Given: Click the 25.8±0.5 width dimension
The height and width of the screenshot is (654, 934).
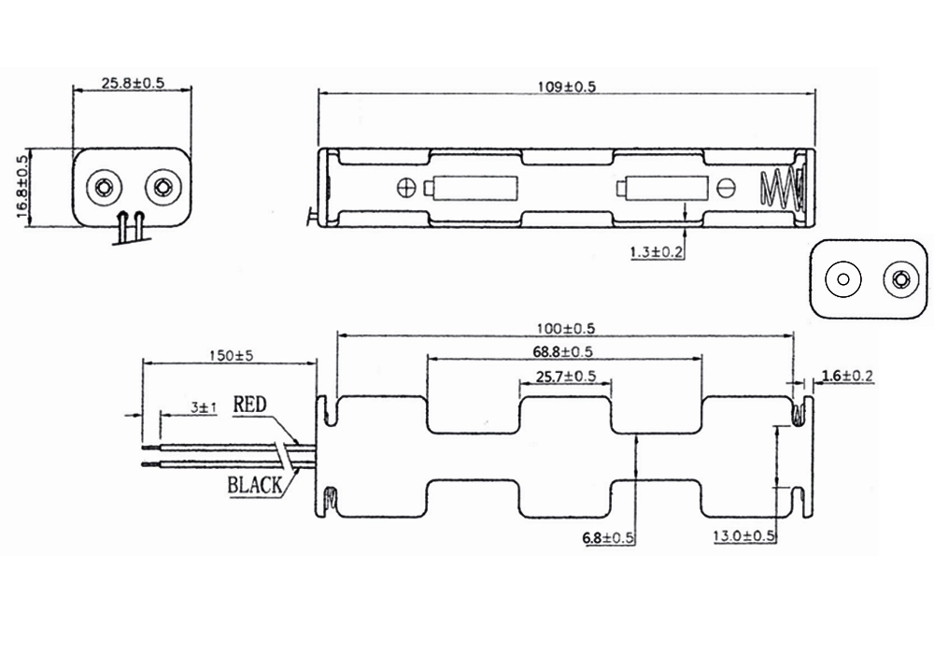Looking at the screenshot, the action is (133, 83).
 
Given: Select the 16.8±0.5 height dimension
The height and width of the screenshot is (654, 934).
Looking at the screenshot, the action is (22, 187).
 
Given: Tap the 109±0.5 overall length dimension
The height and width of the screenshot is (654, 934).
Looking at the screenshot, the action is (567, 87).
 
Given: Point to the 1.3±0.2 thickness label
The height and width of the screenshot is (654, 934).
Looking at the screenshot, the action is (656, 252).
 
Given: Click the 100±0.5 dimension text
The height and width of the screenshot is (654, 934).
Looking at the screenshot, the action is (566, 329).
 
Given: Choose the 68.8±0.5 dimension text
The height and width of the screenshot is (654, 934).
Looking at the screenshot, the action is (563, 352).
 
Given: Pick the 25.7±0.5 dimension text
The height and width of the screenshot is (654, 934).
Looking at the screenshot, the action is (566, 377).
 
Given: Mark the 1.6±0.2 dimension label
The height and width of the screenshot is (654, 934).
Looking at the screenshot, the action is (847, 376).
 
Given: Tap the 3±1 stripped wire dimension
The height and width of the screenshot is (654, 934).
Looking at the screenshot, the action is (205, 408).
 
